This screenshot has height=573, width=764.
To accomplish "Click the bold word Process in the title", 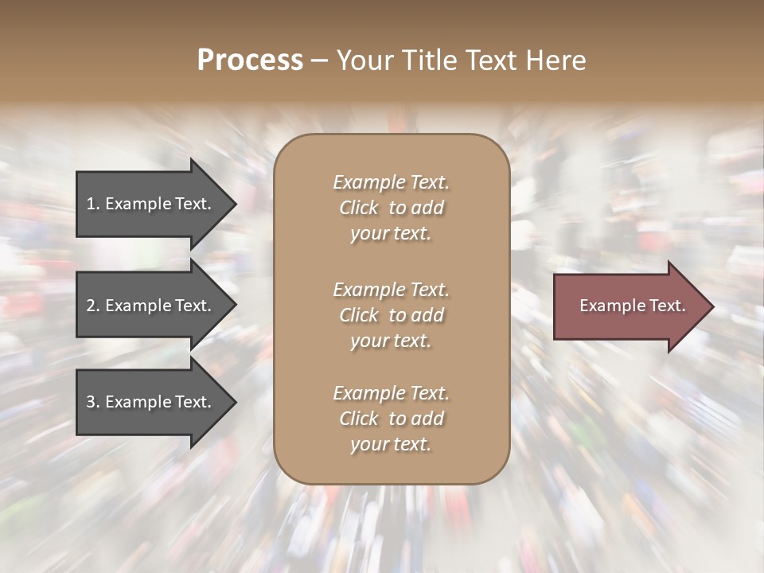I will click(x=250, y=60).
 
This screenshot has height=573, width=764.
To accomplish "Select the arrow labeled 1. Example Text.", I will click(x=151, y=204).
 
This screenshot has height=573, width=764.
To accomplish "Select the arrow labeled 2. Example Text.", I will click(x=151, y=306).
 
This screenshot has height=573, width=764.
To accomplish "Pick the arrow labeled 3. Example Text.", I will click(x=151, y=402).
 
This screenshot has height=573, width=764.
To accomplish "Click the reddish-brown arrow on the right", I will click(x=629, y=306).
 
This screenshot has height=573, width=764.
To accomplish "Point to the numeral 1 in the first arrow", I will click(x=91, y=204).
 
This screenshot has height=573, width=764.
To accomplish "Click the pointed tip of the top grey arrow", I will click(x=233, y=205).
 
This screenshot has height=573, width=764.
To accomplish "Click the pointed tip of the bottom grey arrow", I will click(x=233, y=403).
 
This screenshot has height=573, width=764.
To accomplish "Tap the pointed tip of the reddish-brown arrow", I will click(x=711, y=306).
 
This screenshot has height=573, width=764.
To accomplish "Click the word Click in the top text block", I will click(x=359, y=208).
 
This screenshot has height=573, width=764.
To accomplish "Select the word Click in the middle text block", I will click(x=359, y=315).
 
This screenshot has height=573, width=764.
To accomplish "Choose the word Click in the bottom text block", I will click(x=359, y=419).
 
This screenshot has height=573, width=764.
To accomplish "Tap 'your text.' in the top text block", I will click(x=391, y=233).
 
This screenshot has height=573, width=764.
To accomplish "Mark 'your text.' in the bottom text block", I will click(x=391, y=444).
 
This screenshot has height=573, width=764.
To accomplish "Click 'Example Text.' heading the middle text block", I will click(x=391, y=290).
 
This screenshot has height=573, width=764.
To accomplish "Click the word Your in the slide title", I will click(x=363, y=60).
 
